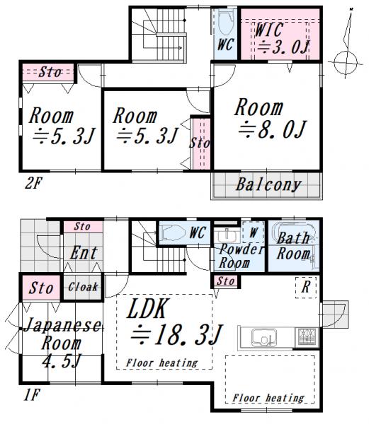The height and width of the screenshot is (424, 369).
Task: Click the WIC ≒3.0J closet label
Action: point(282,39)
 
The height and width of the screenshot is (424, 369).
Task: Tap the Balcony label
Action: point(268,184)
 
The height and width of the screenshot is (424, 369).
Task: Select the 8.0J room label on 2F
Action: point(271,119)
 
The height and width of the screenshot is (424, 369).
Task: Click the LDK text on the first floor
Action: point(147,309)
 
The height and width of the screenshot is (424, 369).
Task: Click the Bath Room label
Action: point(294,246)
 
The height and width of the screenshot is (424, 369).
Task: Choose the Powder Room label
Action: point(241,256)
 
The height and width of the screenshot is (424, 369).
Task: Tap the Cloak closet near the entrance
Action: point(83,287)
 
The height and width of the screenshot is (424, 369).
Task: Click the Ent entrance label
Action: point(83,253)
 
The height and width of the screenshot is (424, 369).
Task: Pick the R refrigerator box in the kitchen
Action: point(306,288)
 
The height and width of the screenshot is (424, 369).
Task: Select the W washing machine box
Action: point(254,232)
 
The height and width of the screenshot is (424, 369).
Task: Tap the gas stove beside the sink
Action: point(307,337)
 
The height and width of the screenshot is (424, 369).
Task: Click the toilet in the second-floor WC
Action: point(225,22)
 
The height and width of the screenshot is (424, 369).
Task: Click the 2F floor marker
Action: point(33,183)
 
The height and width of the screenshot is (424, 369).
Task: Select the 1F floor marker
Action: point(31,395)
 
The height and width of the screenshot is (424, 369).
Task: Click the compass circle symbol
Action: point(345,62)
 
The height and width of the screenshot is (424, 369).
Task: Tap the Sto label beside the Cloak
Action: point(41,288)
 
